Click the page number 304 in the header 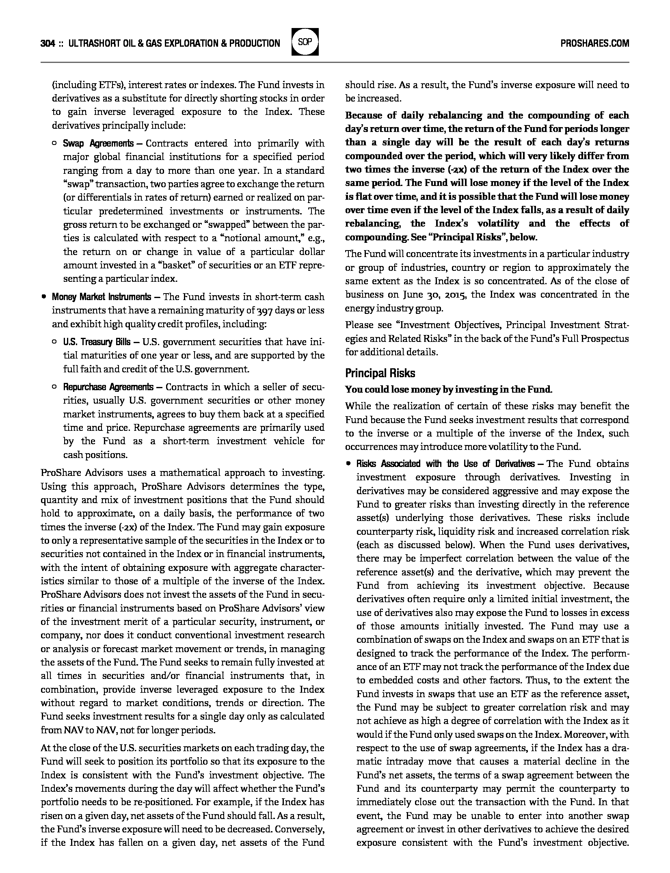point(48,43)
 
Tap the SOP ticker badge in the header point(305,42)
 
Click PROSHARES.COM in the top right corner point(594,43)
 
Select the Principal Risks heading point(380,373)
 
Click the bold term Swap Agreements point(98,143)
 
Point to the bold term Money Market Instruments point(101,297)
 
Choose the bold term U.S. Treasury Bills point(97,342)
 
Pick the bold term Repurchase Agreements point(108,387)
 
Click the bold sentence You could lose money point(448,390)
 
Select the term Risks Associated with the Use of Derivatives point(445,464)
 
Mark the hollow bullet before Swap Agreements point(54,144)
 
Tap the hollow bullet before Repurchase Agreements point(54,387)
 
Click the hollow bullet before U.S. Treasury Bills point(54,342)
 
